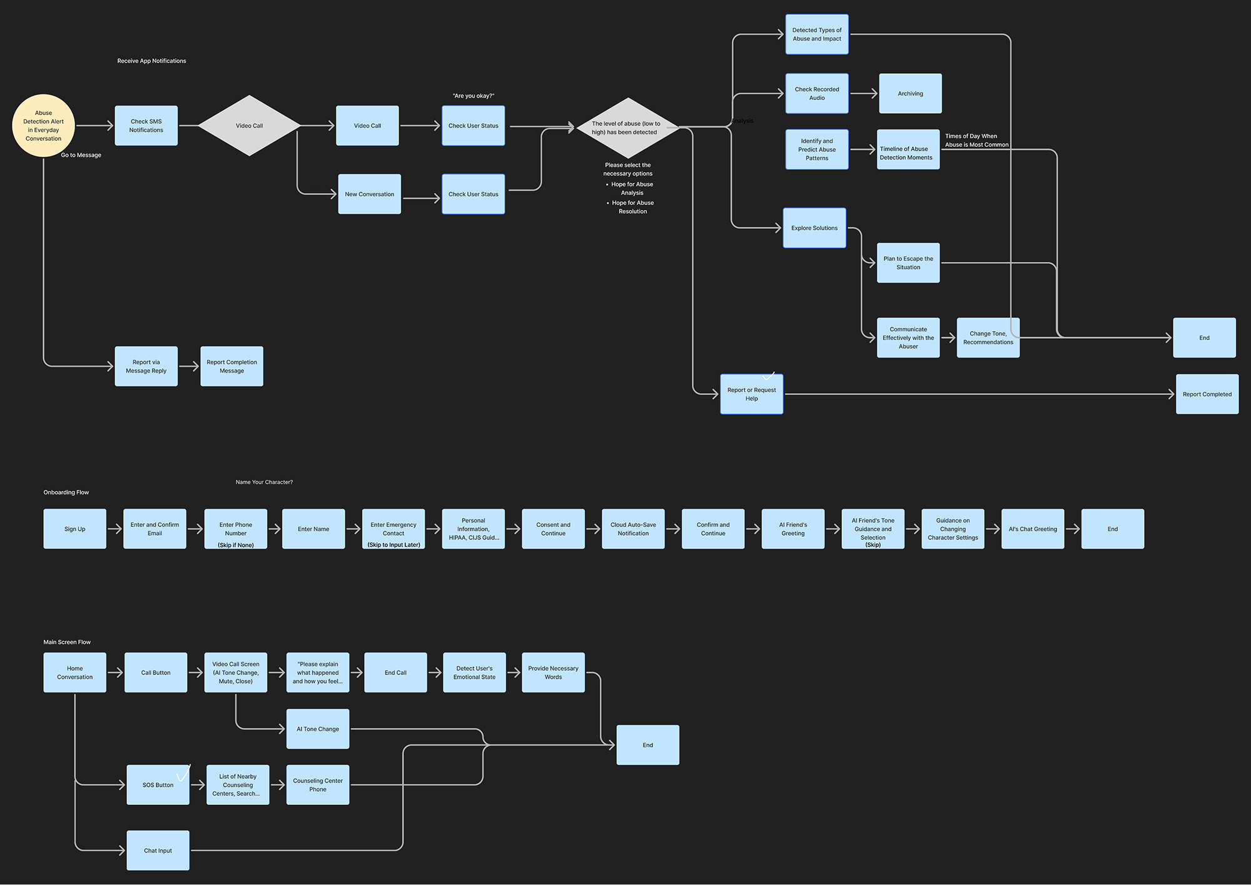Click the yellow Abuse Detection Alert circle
pos(44,126)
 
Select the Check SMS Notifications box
pos(146,126)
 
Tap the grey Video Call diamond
pos(249,126)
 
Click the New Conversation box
pos(370,194)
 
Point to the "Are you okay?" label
pos(474,96)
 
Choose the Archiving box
pos(910,94)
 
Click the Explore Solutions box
pos(814,228)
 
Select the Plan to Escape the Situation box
pos(908,263)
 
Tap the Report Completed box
pos(1207,394)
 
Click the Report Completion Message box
pos(231,366)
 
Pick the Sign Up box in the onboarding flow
pos(75,529)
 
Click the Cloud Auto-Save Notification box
pos(633,529)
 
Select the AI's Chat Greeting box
pos(1033,529)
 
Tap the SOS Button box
pos(158,785)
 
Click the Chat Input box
pos(158,851)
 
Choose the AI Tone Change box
pos(318,729)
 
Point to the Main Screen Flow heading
pos(67,642)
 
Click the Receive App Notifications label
pos(151,61)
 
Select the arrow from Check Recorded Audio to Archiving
pos(864,94)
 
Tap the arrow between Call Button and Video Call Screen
pos(196,673)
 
